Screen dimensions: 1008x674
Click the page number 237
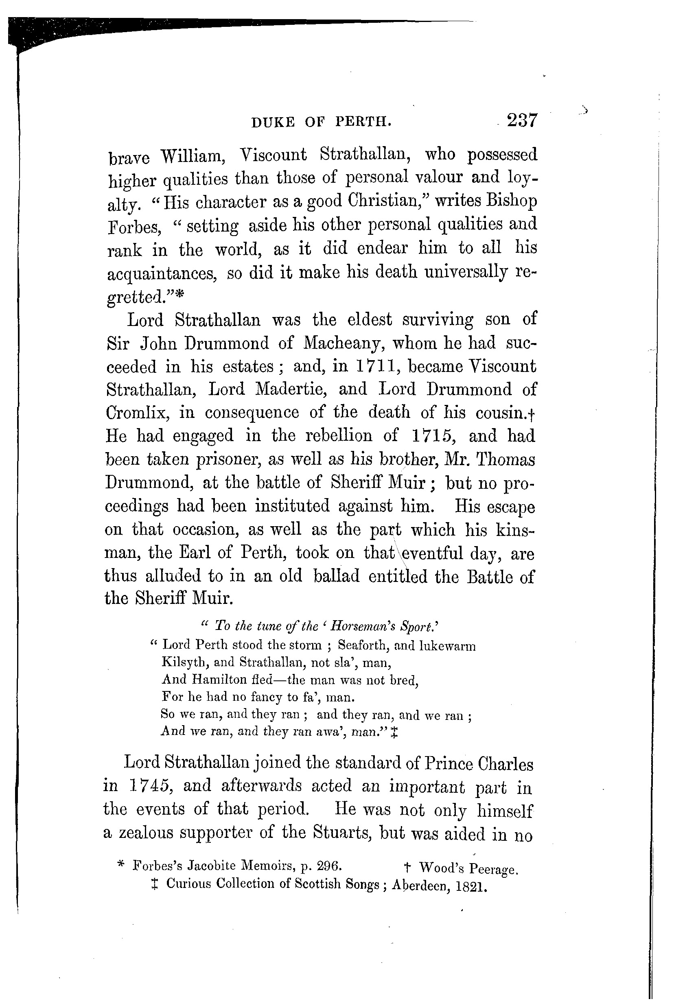coord(522,120)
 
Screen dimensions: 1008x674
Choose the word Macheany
coord(342,343)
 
